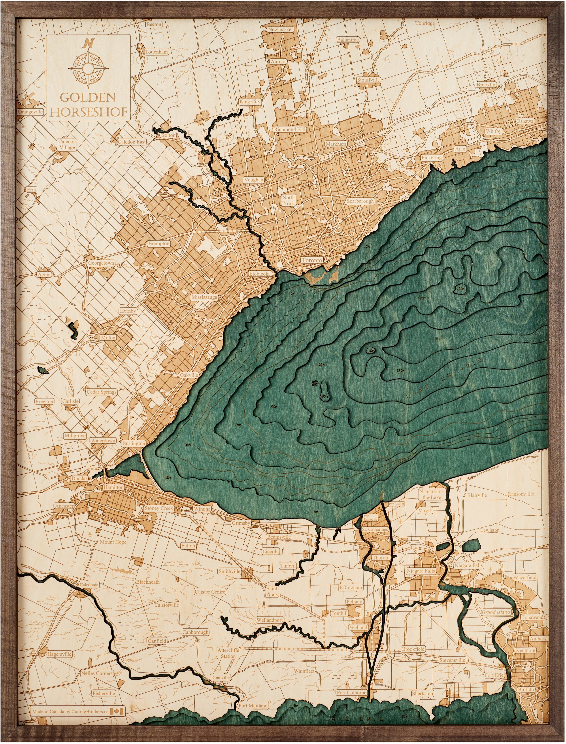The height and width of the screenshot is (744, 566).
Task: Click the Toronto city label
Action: tap(312, 260)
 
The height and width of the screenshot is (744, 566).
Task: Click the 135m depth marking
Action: tap(436, 339)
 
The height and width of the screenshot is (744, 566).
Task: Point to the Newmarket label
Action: tap(280, 30)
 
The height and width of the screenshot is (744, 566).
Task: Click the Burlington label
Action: tap(134, 443)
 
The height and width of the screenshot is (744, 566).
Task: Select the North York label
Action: tap(288, 200)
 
